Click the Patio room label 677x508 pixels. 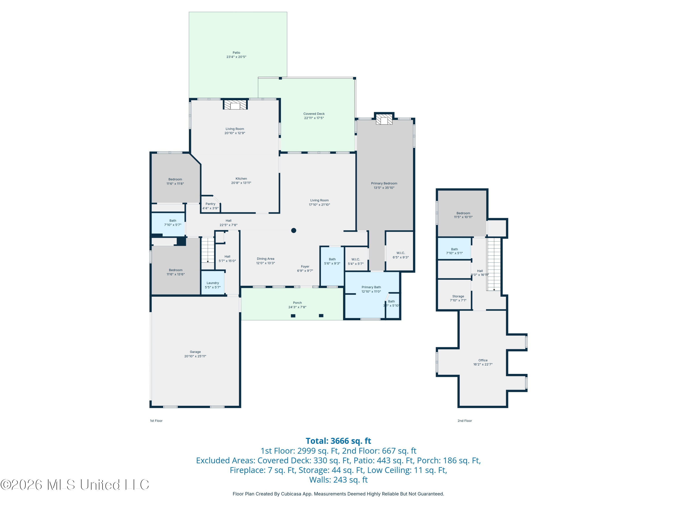[236, 53]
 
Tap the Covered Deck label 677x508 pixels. [314, 114]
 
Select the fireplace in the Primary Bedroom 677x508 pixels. [384, 119]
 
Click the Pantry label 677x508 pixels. [210, 204]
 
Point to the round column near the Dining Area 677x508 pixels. [294, 231]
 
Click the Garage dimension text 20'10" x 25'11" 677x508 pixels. [195, 356]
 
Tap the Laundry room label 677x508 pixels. [213, 283]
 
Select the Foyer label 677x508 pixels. [305, 266]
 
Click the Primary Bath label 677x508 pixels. [371, 287]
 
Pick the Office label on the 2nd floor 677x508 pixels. [483, 360]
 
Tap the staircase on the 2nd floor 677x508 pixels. [494, 264]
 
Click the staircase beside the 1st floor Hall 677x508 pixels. [208, 249]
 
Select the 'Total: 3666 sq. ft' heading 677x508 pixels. [338, 441]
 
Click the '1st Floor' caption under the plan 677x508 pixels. [156, 421]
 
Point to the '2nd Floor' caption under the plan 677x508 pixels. [465, 421]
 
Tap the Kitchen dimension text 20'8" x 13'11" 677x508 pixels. [241, 183]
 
